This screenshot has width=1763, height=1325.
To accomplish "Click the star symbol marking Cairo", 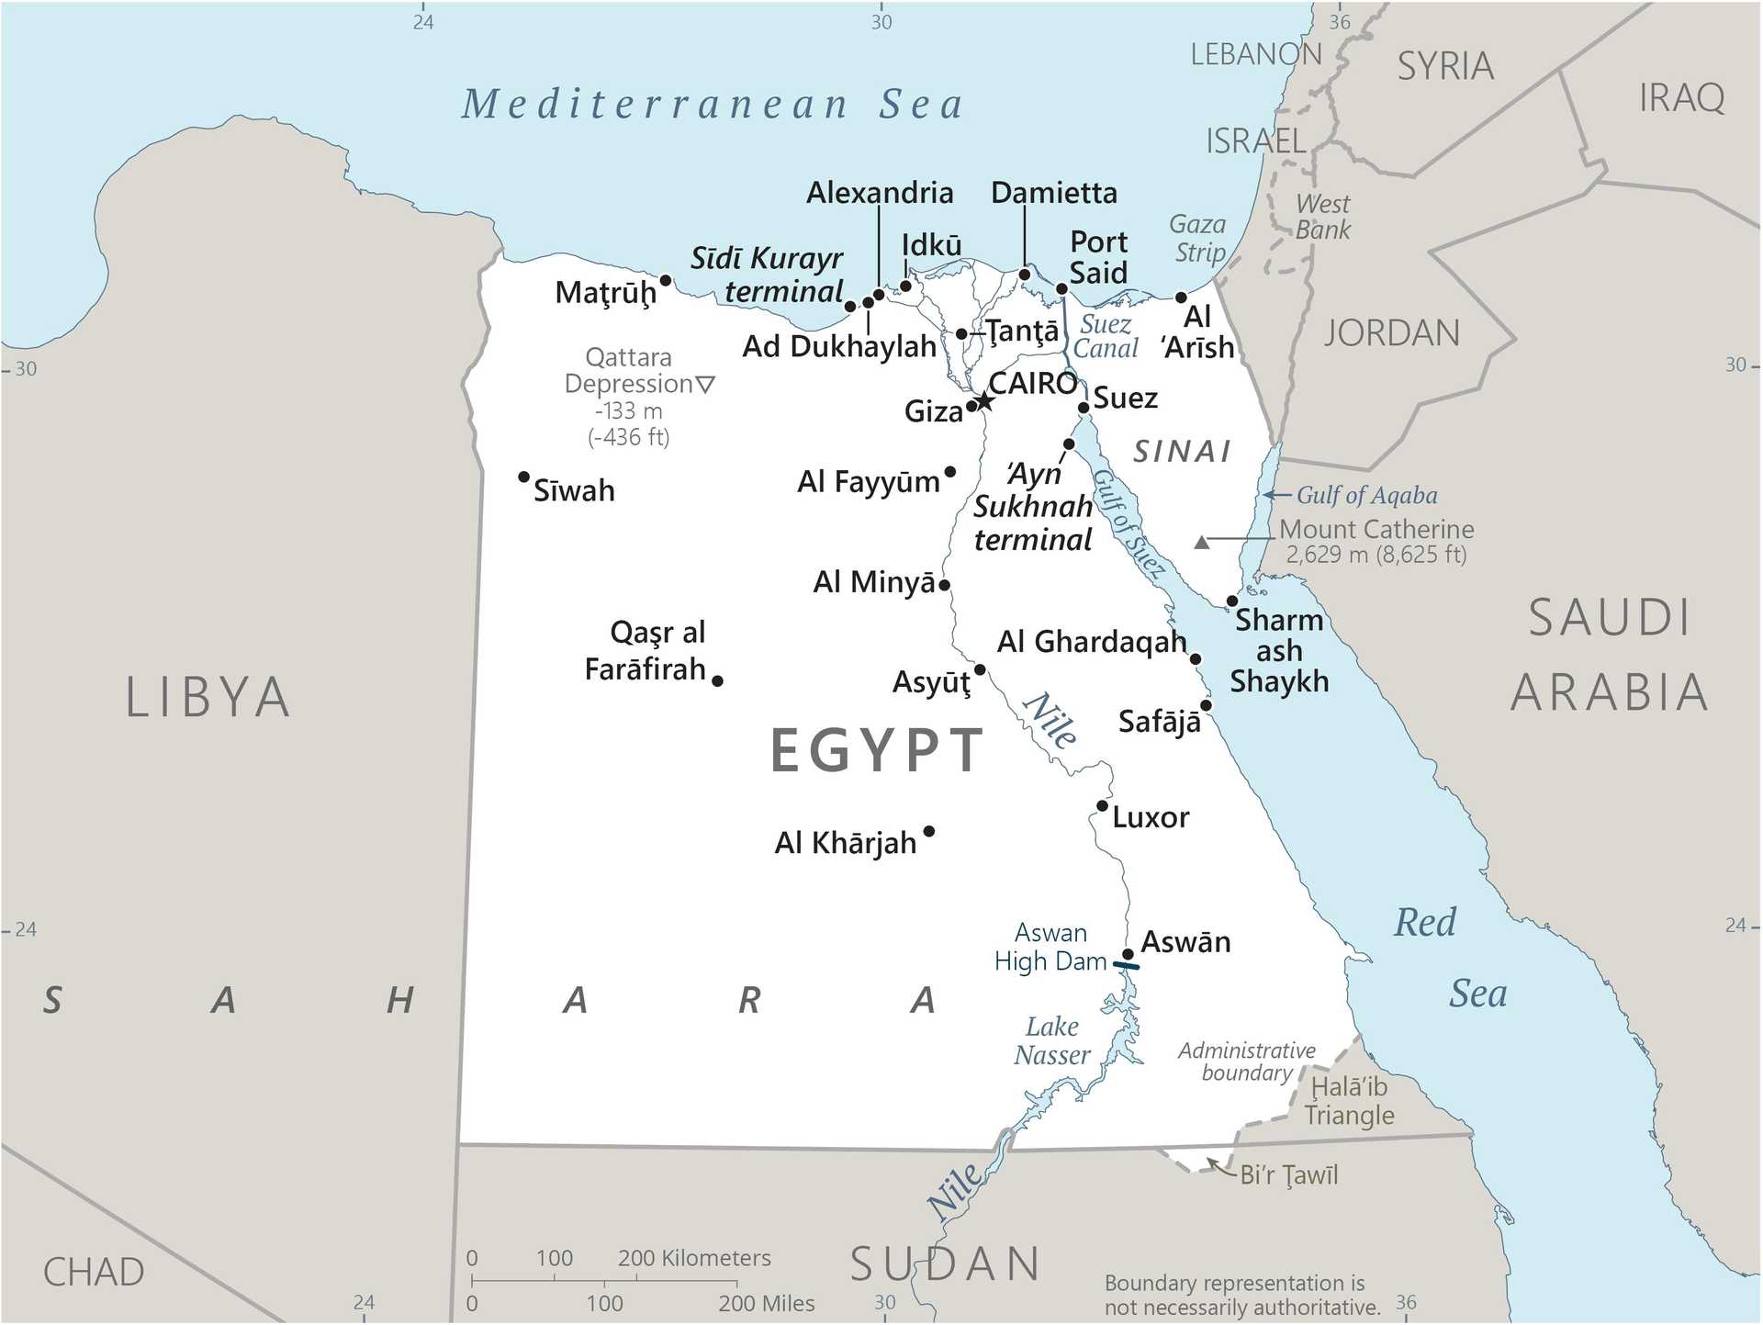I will (x=984, y=401).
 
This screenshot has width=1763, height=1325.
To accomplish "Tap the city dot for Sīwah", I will (x=523, y=477).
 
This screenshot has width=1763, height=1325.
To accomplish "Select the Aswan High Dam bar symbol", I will (x=1127, y=965).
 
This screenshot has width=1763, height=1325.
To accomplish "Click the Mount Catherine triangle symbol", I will (x=1201, y=543).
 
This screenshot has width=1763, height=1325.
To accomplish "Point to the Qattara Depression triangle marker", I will (x=705, y=384).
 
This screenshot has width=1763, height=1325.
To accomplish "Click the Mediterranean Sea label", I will (x=713, y=104).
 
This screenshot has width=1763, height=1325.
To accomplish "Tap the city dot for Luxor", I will (x=1102, y=806).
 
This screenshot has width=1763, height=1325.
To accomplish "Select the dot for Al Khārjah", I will (x=929, y=831).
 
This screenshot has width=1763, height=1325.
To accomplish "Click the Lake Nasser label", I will (x=1051, y=1040).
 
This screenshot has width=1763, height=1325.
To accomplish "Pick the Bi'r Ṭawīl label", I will (x=1288, y=1174).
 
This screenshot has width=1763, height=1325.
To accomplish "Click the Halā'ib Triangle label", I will (x=1349, y=1101).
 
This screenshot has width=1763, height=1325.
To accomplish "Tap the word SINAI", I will (x=1182, y=451).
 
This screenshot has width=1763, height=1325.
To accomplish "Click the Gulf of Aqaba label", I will (x=1366, y=496).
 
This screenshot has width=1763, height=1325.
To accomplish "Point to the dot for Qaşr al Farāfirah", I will (x=717, y=680).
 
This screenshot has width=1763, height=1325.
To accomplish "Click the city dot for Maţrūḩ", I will (x=666, y=280).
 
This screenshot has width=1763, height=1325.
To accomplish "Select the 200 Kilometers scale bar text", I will (x=694, y=1258).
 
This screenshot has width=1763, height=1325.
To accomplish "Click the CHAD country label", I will (x=94, y=1272).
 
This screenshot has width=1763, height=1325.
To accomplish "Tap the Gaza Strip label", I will (x=1198, y=238).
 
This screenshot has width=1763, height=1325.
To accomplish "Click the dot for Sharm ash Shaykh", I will (x=1232, y=601).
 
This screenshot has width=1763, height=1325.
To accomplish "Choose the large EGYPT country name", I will (x=877, y=750).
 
